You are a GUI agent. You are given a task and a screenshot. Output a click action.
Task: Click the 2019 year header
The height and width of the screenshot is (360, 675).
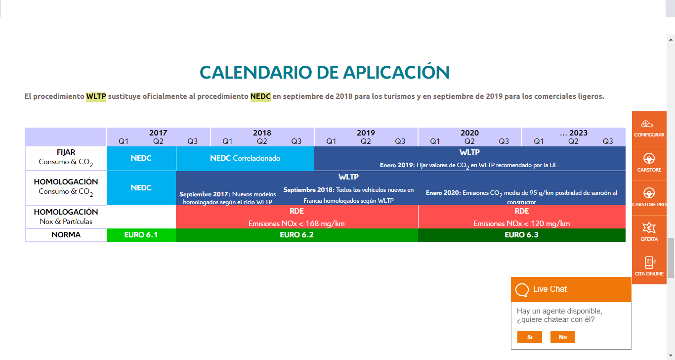(366, 133)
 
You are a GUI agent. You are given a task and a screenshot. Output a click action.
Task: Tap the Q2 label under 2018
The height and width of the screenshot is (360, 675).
(262, 141)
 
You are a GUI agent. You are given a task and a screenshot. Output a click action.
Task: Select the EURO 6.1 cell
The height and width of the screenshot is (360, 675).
(141, 235)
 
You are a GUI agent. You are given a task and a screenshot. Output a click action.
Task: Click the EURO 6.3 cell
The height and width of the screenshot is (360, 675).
(522, 235)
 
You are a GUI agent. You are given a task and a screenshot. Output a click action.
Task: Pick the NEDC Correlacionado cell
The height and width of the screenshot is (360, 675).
(245, 158)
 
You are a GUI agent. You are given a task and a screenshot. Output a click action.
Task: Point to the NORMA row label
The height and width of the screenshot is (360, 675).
(66, 235)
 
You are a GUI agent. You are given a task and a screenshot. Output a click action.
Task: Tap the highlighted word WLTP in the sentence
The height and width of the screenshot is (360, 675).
(96, 96)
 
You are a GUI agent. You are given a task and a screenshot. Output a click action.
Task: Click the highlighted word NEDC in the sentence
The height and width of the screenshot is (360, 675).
(260, 96)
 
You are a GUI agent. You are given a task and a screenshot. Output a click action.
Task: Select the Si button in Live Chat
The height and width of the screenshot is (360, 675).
(529, 337)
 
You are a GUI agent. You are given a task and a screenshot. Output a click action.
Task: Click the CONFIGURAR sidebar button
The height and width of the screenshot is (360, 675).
(649, 129)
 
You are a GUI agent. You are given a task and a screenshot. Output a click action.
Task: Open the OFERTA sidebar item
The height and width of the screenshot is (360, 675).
(649, 232)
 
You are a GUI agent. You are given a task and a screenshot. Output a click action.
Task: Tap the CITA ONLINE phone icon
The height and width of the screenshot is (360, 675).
(649, 262)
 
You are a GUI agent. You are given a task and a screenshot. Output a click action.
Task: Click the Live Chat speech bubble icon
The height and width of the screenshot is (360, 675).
(522, 290)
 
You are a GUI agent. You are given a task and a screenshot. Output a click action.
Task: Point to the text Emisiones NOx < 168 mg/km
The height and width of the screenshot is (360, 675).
(296, 224)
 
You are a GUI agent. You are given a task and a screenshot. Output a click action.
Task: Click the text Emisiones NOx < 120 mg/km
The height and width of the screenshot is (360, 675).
(522, 224)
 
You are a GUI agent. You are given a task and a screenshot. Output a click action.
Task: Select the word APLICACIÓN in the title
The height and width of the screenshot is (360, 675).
(396, 72)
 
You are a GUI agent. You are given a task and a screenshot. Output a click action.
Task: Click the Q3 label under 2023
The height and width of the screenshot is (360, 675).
(607, 141)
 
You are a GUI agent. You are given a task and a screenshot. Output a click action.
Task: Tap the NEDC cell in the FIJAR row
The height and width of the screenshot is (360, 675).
(141, 158)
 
